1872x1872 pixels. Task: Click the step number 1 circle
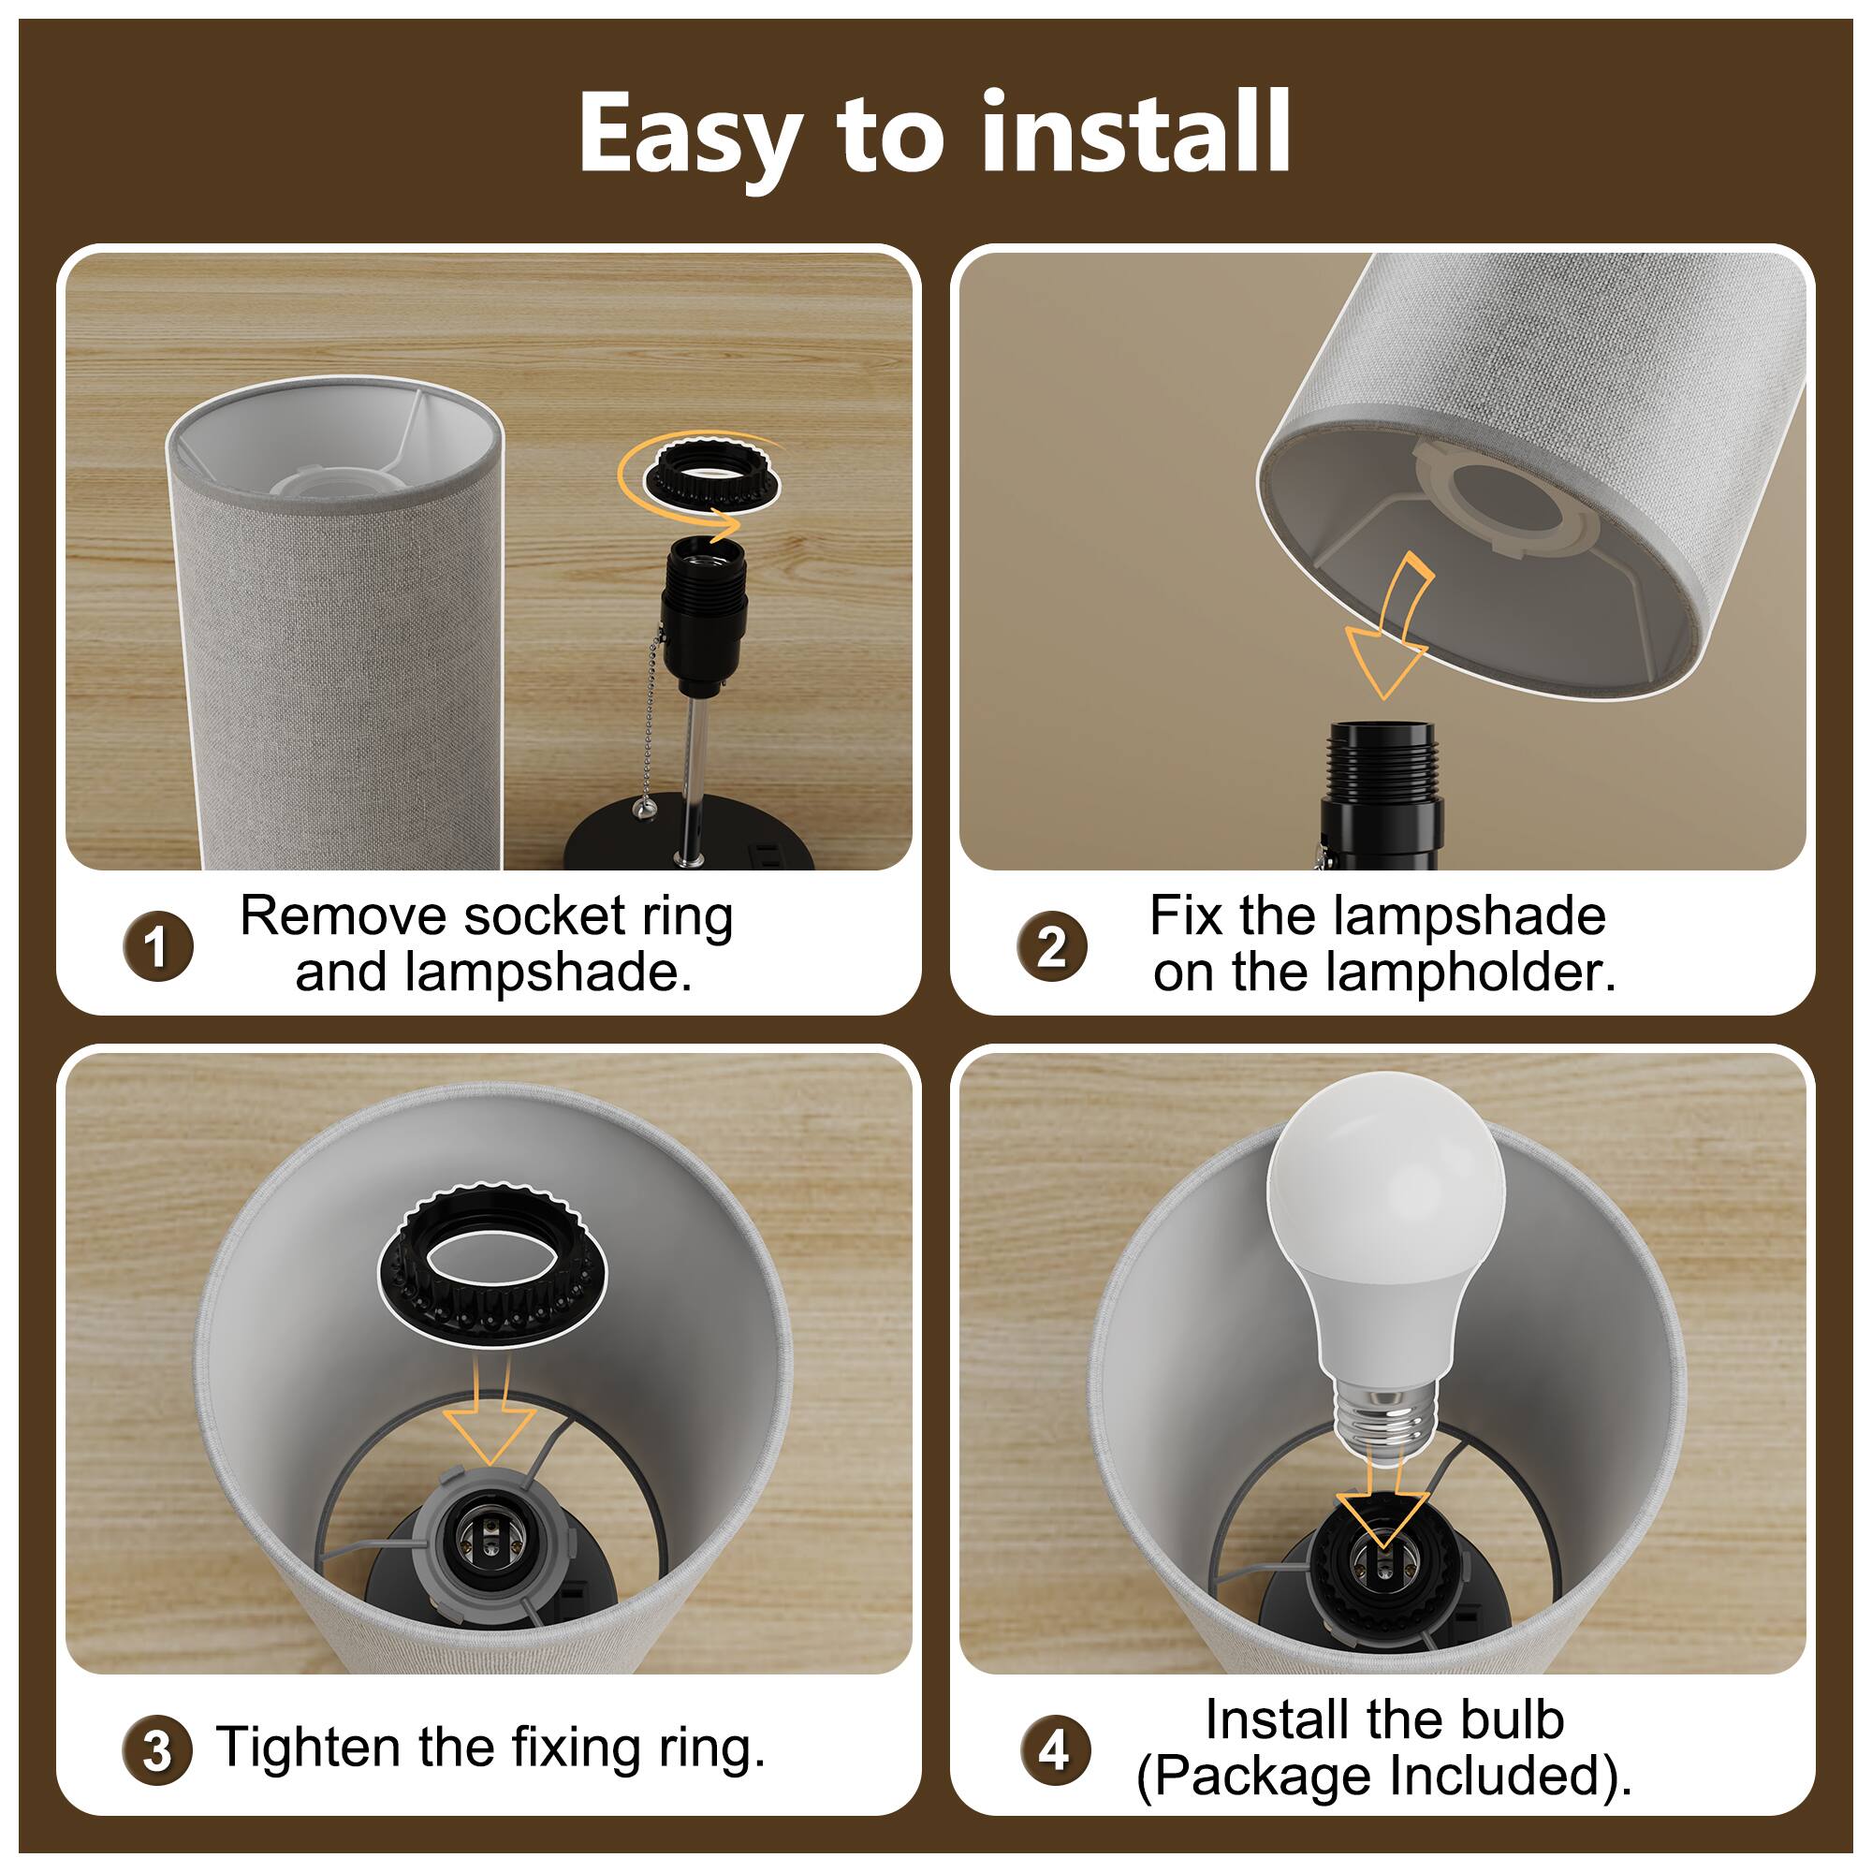158,945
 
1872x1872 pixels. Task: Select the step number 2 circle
1051,945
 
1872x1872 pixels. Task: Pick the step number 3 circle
157,1750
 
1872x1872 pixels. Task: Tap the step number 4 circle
1053,1750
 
